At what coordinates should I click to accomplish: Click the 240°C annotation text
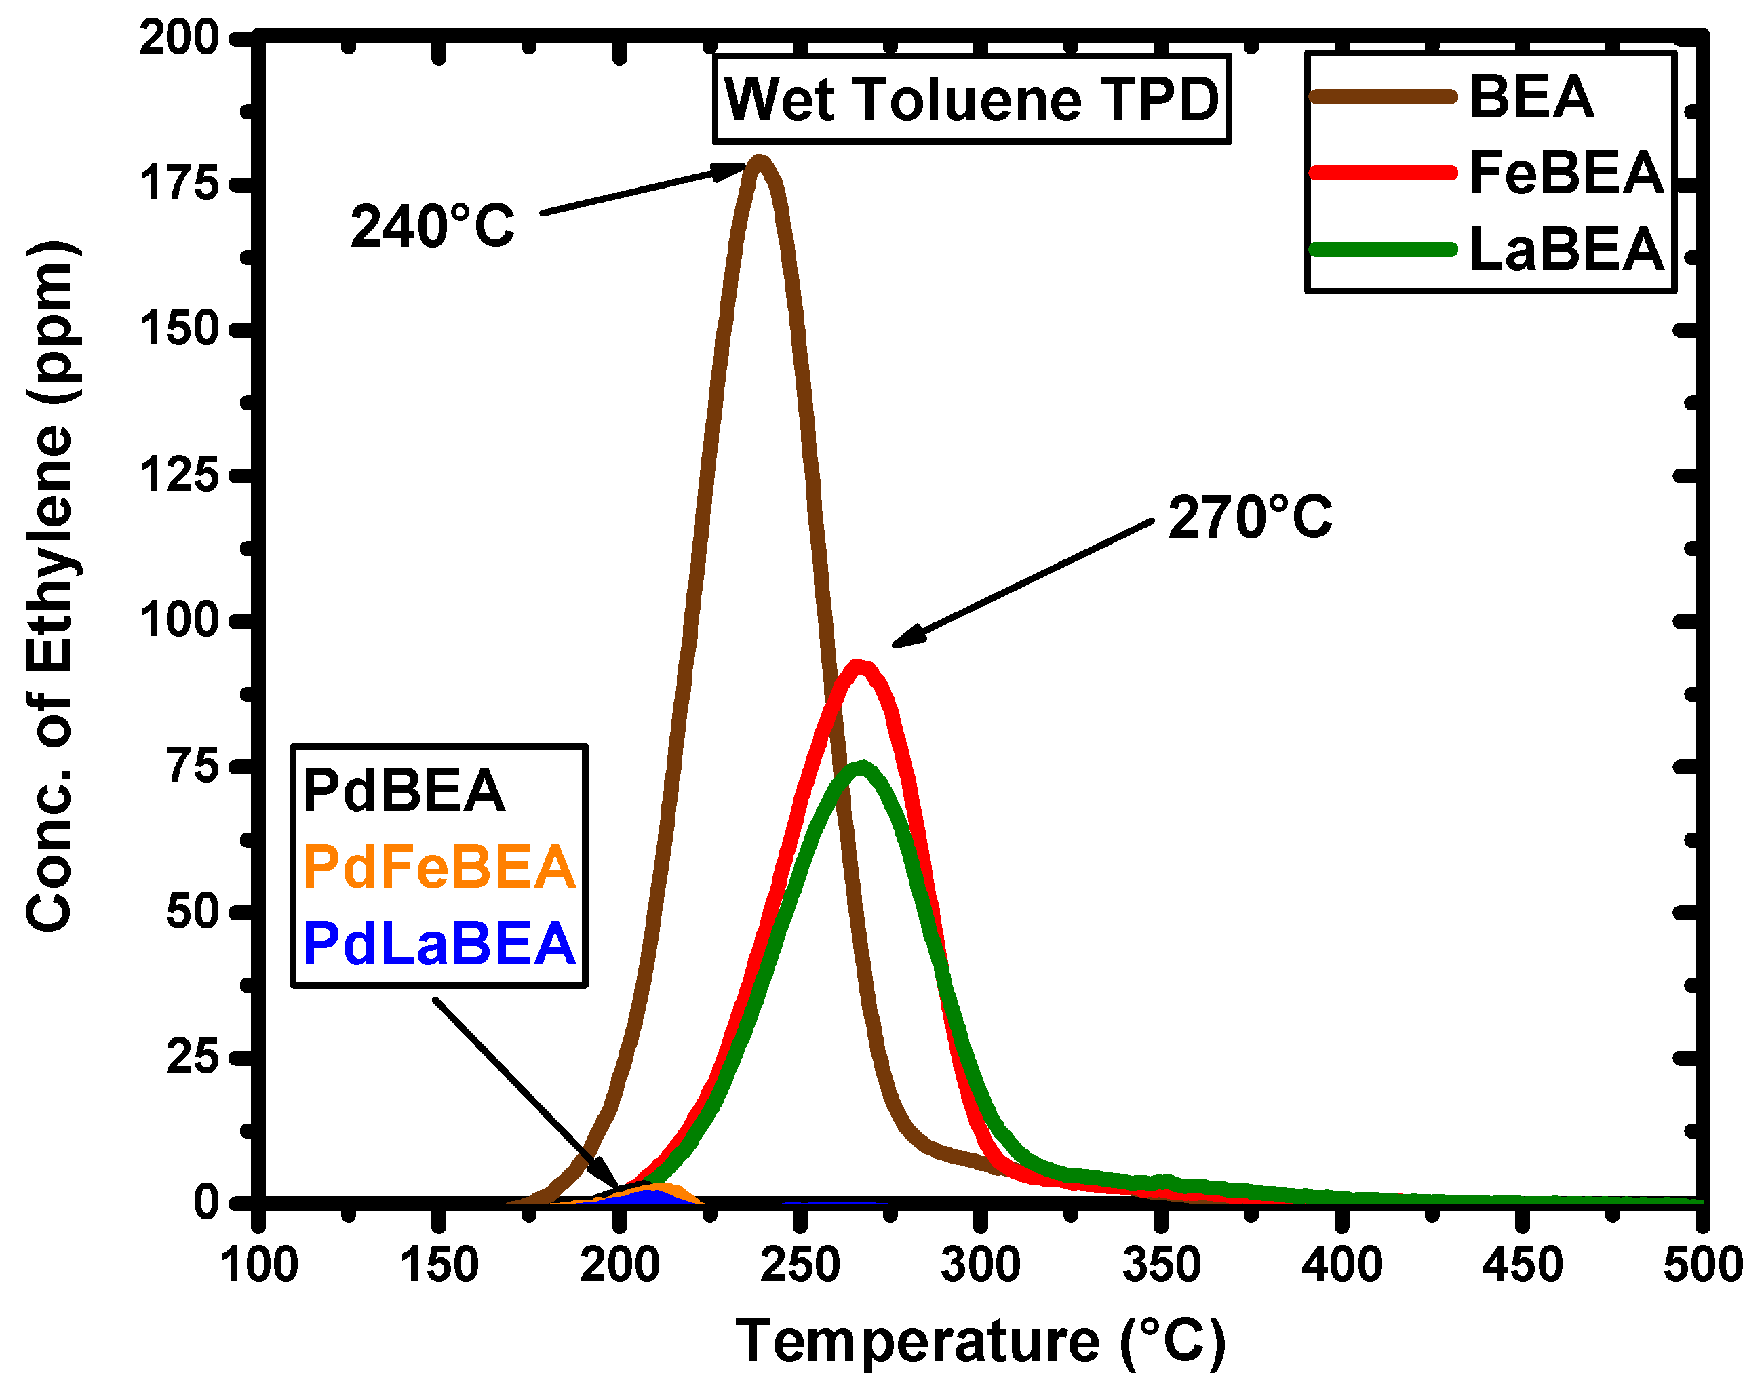coord(432,226)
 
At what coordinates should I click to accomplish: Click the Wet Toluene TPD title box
coord(972,100)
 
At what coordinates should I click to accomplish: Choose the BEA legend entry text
coord(1531,97)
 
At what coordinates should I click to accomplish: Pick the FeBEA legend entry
coord(1565,173)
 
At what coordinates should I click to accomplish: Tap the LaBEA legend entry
coord(1565,249)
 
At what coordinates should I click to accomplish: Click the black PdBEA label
coord(404,791)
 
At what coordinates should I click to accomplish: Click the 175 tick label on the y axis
coord(179,184)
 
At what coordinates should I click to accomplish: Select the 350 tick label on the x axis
coord(1160,1265)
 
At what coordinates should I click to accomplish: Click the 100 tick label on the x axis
coord(258,1265)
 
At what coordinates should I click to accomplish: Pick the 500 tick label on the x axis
coord(1702,1265)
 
